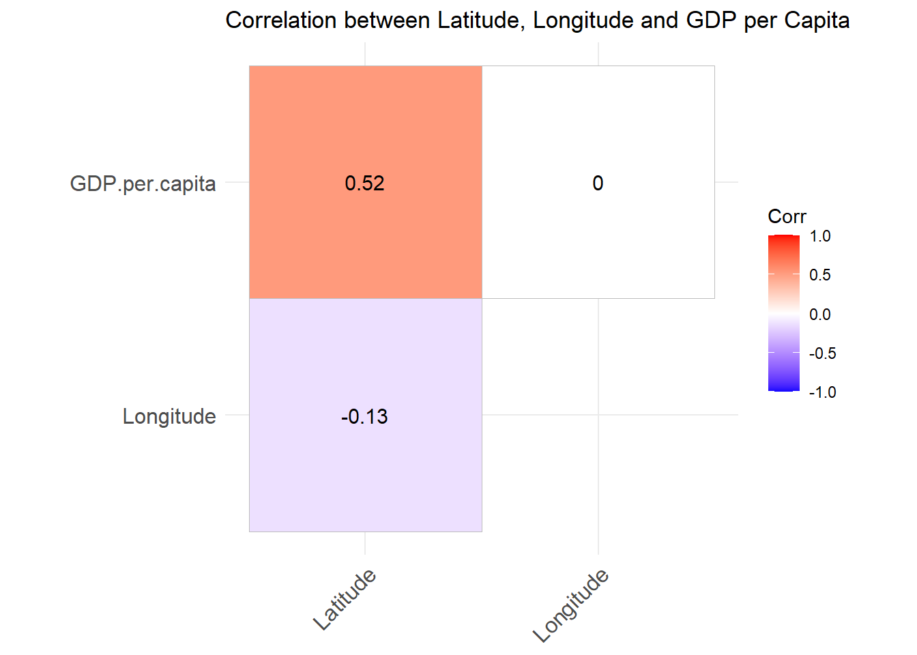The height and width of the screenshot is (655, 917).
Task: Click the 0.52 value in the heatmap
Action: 365,183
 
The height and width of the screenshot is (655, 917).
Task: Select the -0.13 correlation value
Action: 364,416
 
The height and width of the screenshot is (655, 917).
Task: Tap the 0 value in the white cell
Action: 598,183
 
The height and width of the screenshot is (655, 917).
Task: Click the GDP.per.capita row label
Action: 143,184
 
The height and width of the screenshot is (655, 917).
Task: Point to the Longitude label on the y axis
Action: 169,416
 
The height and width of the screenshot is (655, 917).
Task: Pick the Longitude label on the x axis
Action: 570,606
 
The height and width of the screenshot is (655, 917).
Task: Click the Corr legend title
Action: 787,216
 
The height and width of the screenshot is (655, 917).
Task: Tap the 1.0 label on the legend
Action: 820,236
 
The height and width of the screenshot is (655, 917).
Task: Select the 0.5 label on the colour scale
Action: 820,275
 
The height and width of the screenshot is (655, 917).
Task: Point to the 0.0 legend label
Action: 820,315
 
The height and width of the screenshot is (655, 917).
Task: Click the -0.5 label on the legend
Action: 822,353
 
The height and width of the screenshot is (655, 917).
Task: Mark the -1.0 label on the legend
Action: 822,392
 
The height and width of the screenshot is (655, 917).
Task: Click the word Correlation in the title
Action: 281,20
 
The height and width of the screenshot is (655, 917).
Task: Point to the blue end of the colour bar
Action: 783,387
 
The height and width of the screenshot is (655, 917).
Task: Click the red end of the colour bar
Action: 783,239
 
